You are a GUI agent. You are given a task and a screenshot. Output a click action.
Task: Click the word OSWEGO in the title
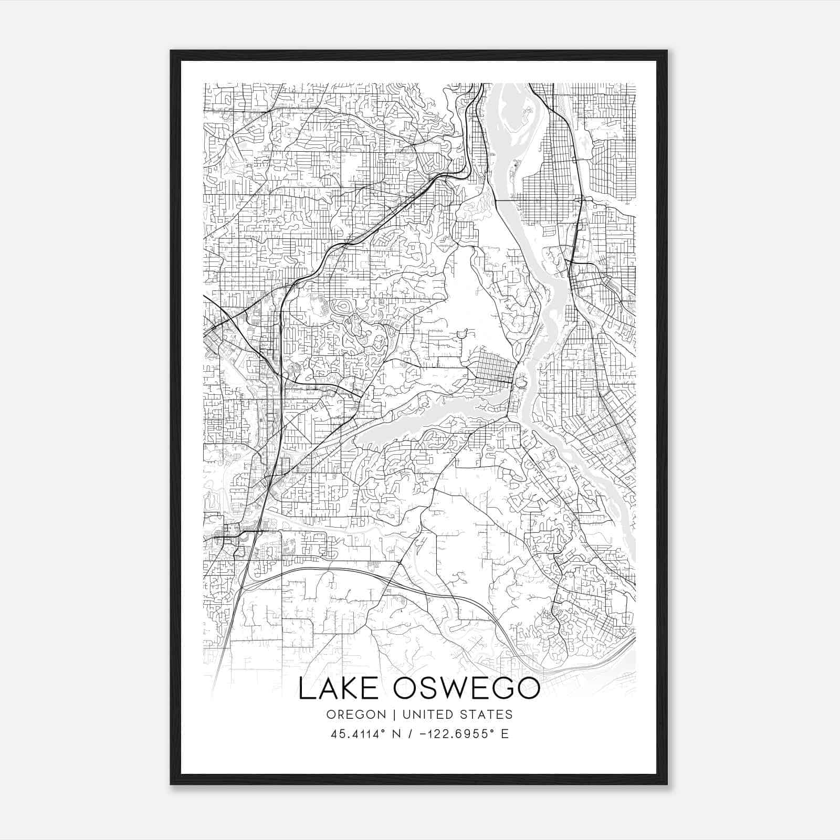(467, 689)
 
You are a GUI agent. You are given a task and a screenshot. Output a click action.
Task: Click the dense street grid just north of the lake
(493, 367)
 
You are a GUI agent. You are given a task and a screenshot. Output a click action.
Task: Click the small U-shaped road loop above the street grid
(463, 334)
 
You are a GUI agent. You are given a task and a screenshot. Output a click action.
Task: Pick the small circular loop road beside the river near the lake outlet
(521, 383)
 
